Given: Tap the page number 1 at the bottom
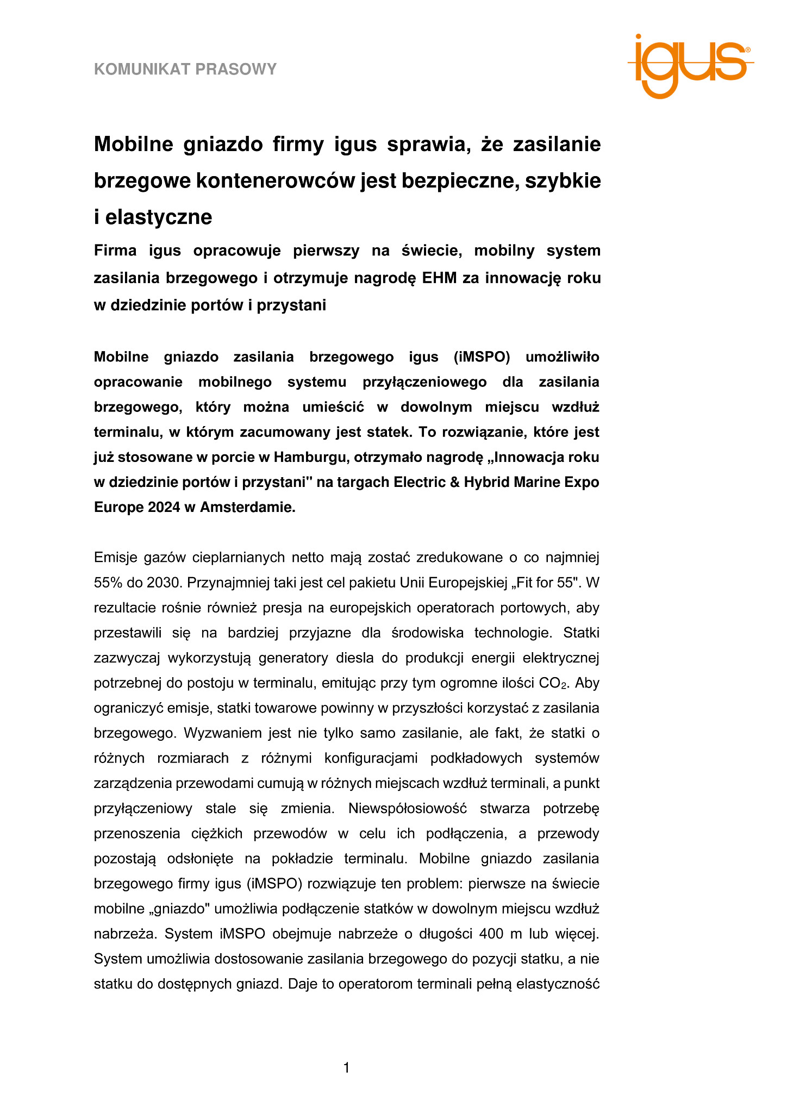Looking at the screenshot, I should click(347, 1068).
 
